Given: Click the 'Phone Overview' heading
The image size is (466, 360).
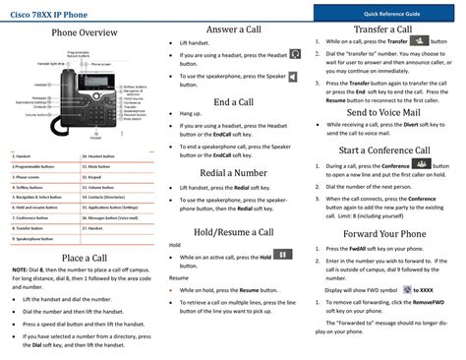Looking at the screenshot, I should click(78, 33).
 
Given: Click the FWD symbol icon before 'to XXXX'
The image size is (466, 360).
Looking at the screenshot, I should click(406, 291).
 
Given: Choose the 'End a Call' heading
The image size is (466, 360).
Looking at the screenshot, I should click(235, 101).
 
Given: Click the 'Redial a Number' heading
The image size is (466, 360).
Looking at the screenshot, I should click(235, 173).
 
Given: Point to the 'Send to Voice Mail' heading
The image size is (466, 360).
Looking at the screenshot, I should click(385, 113).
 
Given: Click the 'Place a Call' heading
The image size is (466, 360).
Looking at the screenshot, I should click(78, 259).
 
